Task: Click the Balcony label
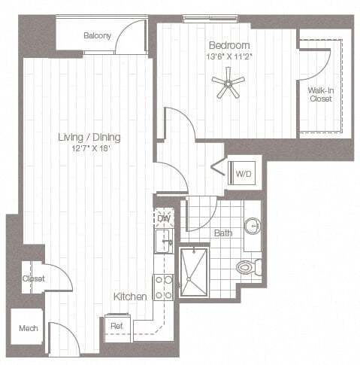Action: (x=97, y=35)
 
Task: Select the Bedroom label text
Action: (x=228, y=45)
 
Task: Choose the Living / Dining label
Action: (x=89, y=138)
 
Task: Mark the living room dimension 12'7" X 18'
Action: (x=89, y=149)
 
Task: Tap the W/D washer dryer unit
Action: (x=244, y=174)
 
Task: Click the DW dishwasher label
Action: (x=164, y=218)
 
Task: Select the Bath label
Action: (x=222, y=233)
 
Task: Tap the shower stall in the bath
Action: (x=198, y=272)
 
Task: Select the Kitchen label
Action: (x=129, y=297)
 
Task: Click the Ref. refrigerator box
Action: (x=116, y=326)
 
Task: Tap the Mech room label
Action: (x=28, y=329)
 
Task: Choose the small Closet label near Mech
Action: (x=33, y=278)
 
